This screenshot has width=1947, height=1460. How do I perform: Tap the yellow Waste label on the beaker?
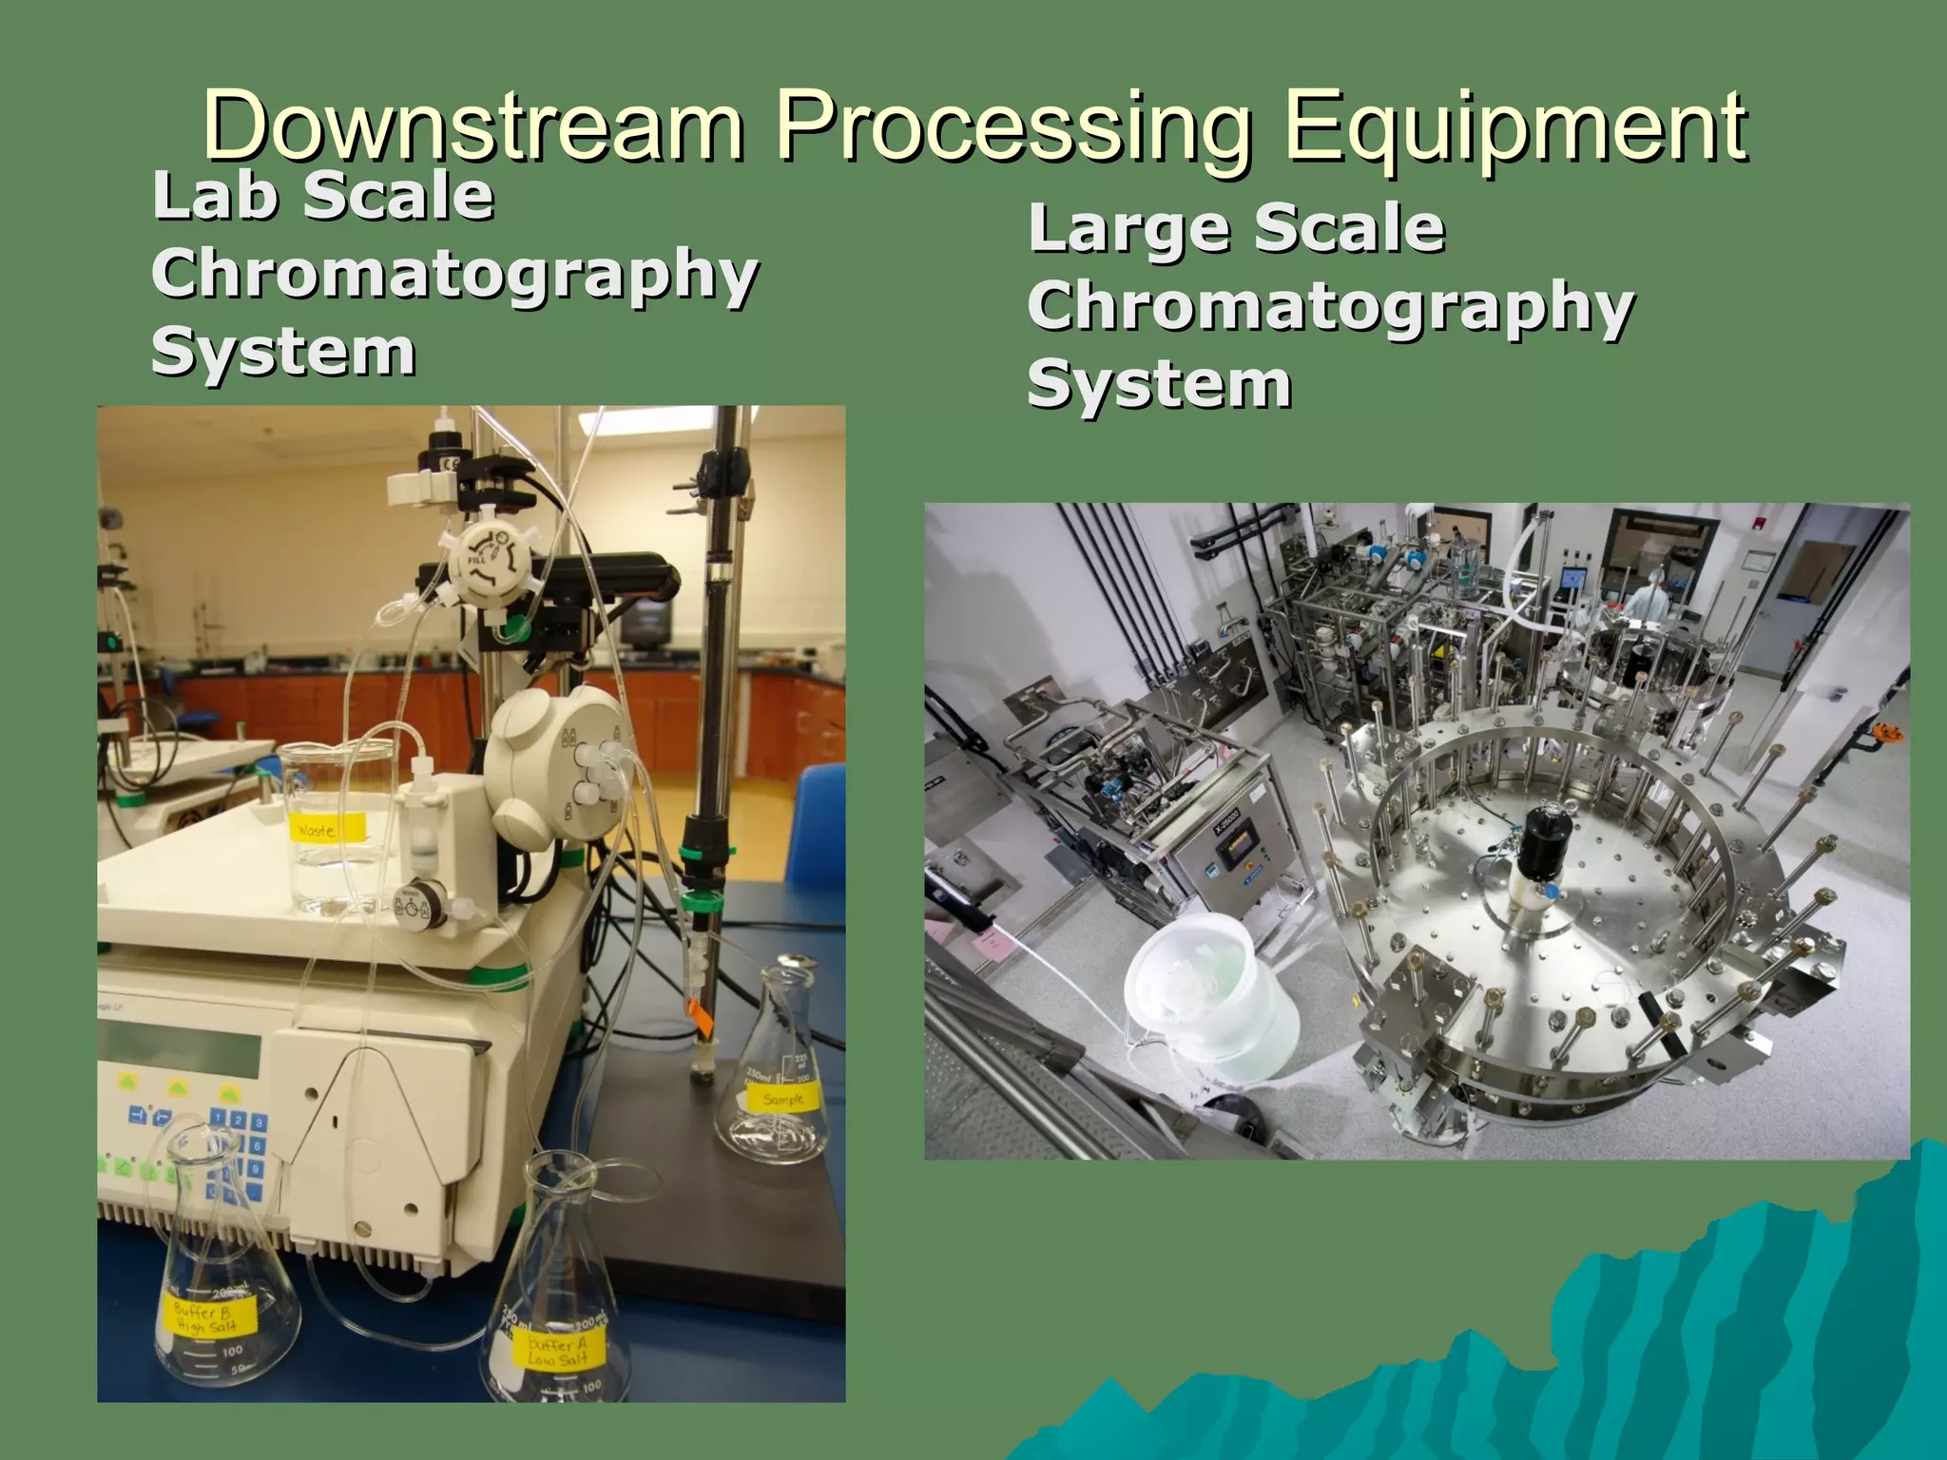coord(316,830)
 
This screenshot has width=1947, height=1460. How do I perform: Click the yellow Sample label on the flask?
coord(781,1100)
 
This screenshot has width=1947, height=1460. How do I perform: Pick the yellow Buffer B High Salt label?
coord(203,1318)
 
